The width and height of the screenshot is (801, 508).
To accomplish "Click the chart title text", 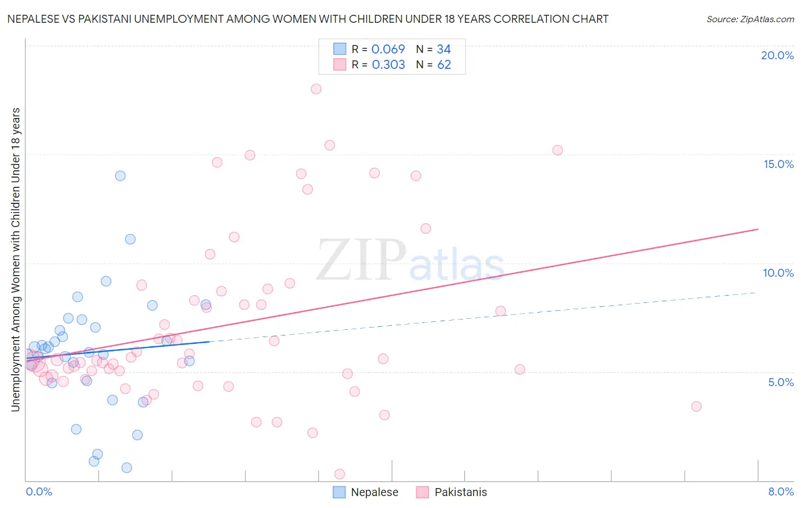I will [x=308, y=19].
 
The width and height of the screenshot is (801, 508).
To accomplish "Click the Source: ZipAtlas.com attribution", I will [x=750, y=19].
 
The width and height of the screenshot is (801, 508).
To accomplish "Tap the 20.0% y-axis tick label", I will [x=777, y=55].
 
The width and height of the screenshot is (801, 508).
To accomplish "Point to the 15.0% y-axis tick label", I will [x=778, y=164].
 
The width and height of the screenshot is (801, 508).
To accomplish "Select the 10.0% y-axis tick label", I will [x=778, y=273].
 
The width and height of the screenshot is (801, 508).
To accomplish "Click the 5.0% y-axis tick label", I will [x=780, y=382].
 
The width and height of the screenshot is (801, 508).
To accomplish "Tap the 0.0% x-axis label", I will [x=39, y=491].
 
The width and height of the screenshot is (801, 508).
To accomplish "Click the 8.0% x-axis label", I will [x=780, y=491].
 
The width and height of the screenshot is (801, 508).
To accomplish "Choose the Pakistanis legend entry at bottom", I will [x=451, y=492].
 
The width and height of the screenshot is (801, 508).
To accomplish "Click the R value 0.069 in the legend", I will [x=388, y=50].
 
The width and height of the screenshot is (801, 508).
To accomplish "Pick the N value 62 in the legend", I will [x=444, y=65].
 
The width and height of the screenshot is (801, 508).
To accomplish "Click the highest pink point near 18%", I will [x=316, y=89].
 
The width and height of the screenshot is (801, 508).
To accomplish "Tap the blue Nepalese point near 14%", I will [x=120, y=175].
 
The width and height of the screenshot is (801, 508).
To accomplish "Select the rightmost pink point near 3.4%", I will [x=696, y=407].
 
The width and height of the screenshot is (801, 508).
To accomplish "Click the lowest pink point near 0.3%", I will [x=340, y=474].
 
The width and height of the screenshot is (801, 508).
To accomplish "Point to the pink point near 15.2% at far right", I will [x=557, y=150].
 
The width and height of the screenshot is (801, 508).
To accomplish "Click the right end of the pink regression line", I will [x=758, y=229].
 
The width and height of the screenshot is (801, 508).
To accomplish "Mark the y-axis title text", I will [x=15, y=259].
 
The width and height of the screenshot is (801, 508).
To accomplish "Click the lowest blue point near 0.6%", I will [x=126, y=468].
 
